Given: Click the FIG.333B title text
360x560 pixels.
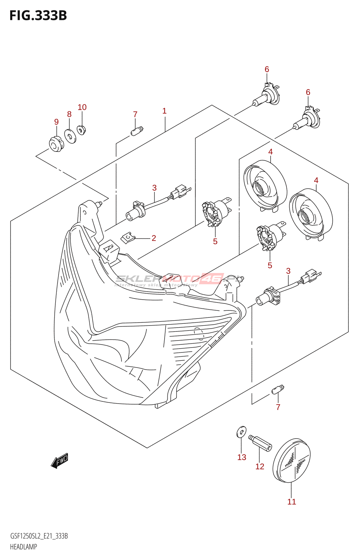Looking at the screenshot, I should pyautogui.click(x=38, y=16).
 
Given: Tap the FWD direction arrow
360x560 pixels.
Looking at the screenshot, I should pyautogui.click(x=60, y=461).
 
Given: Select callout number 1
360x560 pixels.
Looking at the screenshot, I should pyautogui.click(x=164, y=111).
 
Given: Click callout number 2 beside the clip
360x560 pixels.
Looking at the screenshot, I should pyautogui.click(x=154, y=238).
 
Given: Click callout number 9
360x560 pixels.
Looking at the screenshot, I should pyautogui.click(x=56, y=122).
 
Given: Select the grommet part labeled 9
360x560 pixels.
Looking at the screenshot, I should pyautogui.click(x=56, y=144).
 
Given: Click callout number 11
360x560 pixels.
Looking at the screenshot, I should pyautogui.click(x=292, y=502).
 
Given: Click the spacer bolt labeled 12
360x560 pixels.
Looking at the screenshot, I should pyautogui.click(x=260, y=443).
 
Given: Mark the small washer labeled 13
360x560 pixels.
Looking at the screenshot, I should pyautogui.click(x=241, y=432).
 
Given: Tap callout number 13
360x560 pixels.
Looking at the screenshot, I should pyautogui.click(x=242, y=457).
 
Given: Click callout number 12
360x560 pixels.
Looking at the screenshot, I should pyautogui.click(x=260, y=466).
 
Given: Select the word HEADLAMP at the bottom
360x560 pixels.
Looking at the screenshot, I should pyautogui.click(x=23, y=547).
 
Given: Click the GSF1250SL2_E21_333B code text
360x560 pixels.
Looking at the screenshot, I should pyautogui.click(x=39, y=536).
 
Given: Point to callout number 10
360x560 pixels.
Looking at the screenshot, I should pyautogui.click(x=82, y=107).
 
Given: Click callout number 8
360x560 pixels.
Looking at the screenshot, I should pyautogui.click(x=69, y=114).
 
